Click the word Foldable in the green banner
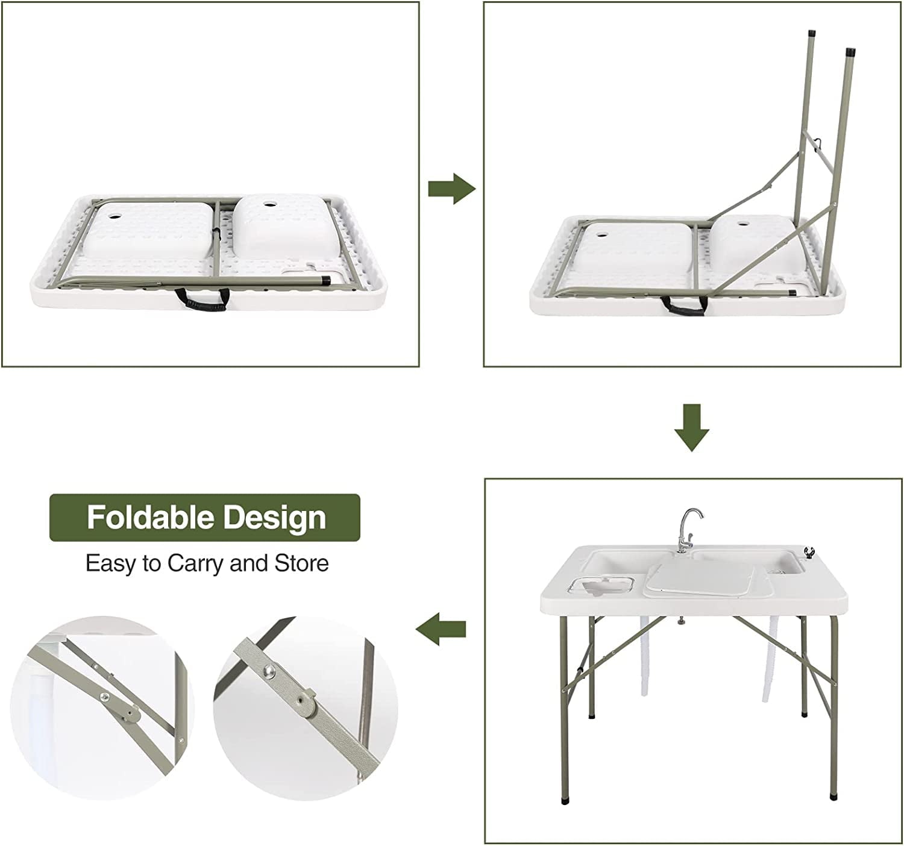click(x=151, y=518)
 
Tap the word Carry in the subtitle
click(x=196, y=563)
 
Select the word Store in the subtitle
click(x=301, y=563)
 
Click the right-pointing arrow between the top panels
click(x=451, y=189)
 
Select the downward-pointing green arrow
click(x=691, y=428)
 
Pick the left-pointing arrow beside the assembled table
click(x=441, y=629)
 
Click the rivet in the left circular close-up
click(x=105, y=697)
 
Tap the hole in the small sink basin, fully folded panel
click(x=266, y=205)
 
